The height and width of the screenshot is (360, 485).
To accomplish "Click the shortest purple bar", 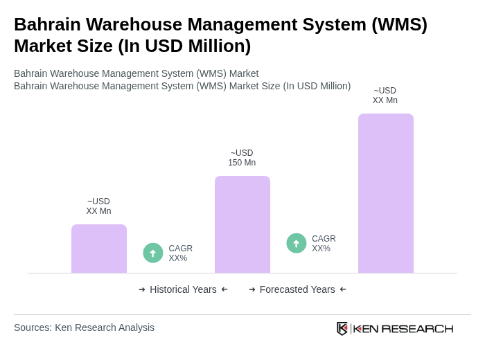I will click(99, 249).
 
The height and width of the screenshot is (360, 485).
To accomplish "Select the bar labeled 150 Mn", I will click(242, 224).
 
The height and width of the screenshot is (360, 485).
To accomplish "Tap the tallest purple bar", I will click(386, 193).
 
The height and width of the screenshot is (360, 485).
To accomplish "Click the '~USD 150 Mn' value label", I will click(242, 158).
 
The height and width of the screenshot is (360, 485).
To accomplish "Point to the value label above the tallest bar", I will click(385, 96).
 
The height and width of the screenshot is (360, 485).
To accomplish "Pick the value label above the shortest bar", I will click(98, 206).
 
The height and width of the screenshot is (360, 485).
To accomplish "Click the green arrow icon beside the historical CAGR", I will click(153, 253).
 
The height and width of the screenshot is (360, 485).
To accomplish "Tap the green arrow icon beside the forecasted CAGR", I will click(297, 244).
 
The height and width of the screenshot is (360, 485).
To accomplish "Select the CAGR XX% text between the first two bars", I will click(180, 253).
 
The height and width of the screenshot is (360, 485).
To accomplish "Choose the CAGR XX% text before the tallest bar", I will click(324, 244).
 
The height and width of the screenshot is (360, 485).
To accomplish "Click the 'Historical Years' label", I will click(183, 289).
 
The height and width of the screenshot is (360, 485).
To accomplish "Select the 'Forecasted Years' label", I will click(297, 289).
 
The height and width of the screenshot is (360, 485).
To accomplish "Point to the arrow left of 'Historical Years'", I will click(142, 289).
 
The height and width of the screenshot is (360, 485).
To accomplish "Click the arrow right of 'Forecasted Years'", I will click(343, 289).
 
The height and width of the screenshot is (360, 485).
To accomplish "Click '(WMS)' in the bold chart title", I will click(399, 24).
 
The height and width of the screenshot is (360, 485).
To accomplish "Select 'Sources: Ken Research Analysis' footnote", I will click(84, 327).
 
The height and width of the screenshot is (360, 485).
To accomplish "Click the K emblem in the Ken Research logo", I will click(342, 328).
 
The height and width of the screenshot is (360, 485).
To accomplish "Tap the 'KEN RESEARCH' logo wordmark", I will click(403, 328).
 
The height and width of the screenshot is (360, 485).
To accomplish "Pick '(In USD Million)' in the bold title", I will click(184, 46).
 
